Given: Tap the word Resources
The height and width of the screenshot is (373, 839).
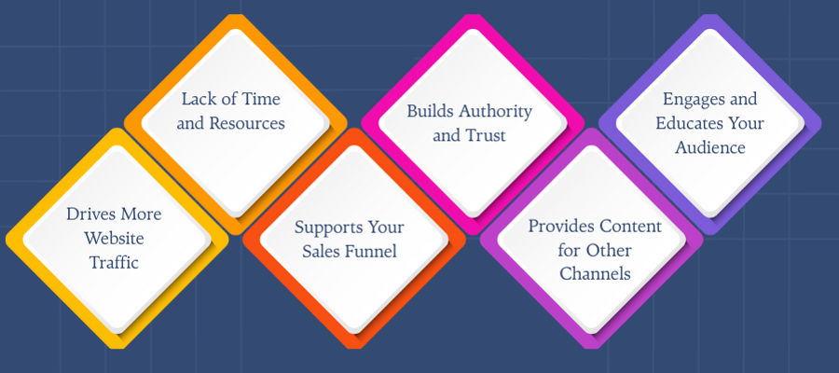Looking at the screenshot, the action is coord(247,124).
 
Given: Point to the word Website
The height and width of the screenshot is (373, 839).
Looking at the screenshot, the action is coord(114,238).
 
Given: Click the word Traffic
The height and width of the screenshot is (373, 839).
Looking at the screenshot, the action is coord(114,262).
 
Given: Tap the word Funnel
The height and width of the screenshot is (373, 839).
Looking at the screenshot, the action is coord(372,251).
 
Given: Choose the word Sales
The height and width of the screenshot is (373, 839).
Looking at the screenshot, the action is coord(323,251).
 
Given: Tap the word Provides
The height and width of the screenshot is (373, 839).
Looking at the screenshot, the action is coord(561,226).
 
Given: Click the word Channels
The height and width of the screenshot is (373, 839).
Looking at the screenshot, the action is coord(595,274).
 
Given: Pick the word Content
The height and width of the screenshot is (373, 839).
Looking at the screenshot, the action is coord(630,226).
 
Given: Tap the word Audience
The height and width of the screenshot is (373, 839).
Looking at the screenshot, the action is coord(710,147).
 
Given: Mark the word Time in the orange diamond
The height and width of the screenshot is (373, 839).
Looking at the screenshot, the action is coord(261,99).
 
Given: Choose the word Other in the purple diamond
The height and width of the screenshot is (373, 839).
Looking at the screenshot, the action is coord(609,250).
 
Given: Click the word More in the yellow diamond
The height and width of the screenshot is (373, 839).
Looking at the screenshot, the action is coord(140,214).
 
